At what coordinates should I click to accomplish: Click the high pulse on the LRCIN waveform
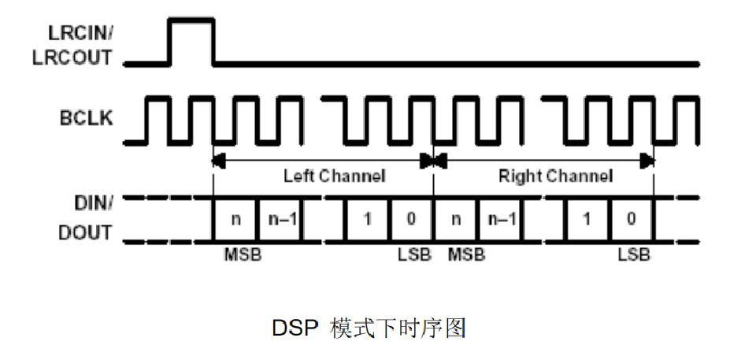192,39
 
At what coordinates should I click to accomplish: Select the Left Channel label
334,176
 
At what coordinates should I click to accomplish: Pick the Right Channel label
554,176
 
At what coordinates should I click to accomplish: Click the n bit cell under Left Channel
235,218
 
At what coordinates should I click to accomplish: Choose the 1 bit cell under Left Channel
367,218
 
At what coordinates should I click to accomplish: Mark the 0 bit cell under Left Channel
411,218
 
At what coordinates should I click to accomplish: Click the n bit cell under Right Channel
456,218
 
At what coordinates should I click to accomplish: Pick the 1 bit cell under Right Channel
587,218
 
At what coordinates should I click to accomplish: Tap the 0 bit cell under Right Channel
631,218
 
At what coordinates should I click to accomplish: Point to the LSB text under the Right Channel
634,256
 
